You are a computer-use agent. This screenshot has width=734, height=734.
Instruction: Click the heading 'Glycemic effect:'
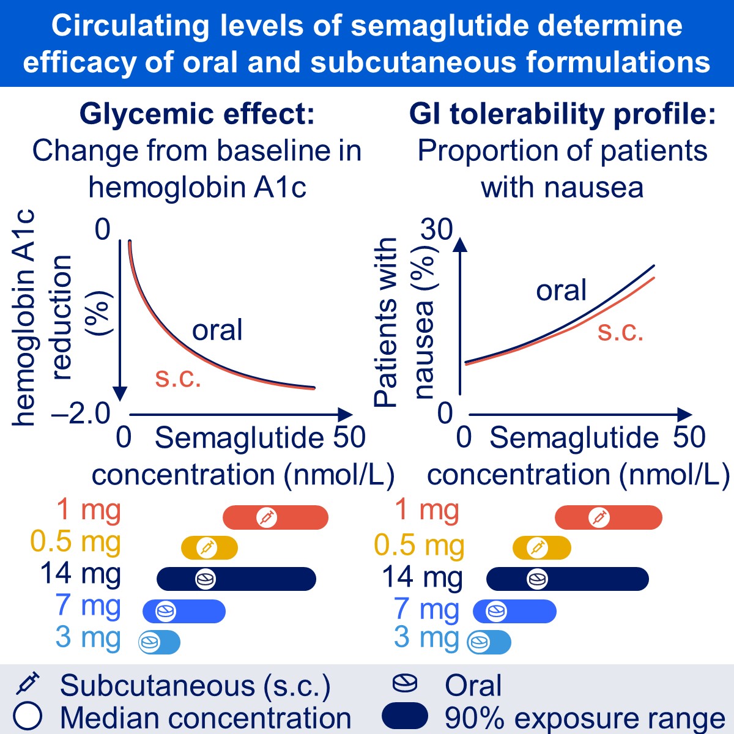tap(197, 114)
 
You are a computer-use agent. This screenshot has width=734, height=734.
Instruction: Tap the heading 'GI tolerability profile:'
tap(562, 114)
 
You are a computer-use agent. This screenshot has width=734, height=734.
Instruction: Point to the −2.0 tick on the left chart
tap(81, 414)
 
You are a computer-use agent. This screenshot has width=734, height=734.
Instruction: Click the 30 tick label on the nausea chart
tap(436, 230)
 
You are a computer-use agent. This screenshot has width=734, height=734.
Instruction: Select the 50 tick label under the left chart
tap(349, 438)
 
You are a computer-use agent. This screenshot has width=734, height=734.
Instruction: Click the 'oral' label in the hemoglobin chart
tap(217, 330)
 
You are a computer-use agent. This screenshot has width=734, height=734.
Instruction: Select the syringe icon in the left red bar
tap(267, 517)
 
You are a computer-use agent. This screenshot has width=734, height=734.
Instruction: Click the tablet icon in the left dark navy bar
tap(206, 579)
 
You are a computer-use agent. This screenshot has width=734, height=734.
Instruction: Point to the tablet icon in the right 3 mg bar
tap(478, 643)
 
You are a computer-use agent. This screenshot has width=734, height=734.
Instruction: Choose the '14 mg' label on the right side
tap(422, 577)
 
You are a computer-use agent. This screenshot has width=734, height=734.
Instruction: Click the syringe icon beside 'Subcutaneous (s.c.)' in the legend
tap(28, 684)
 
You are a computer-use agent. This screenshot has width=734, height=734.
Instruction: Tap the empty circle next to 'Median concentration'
tap(28, 716)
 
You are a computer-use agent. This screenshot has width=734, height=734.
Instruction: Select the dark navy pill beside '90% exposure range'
tap(404, 716)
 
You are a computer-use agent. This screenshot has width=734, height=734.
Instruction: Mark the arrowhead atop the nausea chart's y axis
tap(461, 244)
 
